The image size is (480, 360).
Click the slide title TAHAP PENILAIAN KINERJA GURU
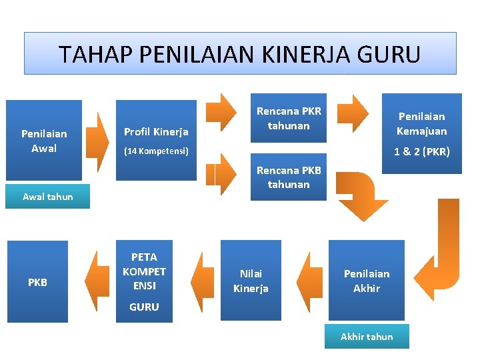coord(239,53)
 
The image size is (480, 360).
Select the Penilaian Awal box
coord(44,141)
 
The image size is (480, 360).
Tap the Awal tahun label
coord(47,197)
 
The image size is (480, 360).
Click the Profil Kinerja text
coord(157,132)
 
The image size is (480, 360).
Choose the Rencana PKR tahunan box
coord(289,118)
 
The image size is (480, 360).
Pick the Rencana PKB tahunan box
coord(289,177)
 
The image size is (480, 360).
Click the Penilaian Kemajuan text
coord(421,123)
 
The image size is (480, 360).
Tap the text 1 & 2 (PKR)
coord(421,151)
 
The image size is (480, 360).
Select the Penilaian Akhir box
coord(367,281)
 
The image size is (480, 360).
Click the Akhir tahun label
coord(367,337)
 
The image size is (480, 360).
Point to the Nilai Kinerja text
coord(251,281)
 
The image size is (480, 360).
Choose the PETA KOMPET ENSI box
coord(144,271)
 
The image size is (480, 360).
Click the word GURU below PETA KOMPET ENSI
coord(144,307)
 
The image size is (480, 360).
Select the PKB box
coord(37,282)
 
